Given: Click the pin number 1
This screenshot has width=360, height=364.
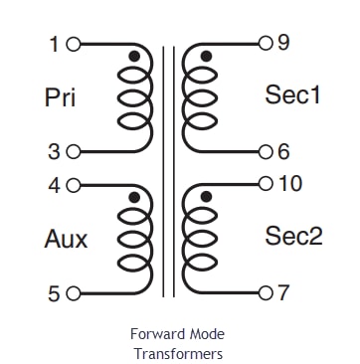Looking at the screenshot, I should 54,45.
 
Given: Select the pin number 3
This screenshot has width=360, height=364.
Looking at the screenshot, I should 54,152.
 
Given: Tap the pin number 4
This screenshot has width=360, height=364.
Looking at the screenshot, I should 54,185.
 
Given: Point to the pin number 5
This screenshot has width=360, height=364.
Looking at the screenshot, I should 54,292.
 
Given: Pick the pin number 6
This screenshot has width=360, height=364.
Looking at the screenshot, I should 283,152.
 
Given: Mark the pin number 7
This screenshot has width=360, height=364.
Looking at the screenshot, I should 283,292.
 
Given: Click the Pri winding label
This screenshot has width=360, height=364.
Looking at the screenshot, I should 61,97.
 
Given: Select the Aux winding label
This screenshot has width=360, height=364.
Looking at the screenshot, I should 66,239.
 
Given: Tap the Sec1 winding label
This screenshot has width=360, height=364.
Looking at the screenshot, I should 293,95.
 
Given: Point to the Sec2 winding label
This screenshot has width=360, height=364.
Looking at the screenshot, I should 293,236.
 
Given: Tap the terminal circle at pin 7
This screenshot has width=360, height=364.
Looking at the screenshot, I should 266,292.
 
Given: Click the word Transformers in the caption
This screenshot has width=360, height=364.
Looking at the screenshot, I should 179,353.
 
